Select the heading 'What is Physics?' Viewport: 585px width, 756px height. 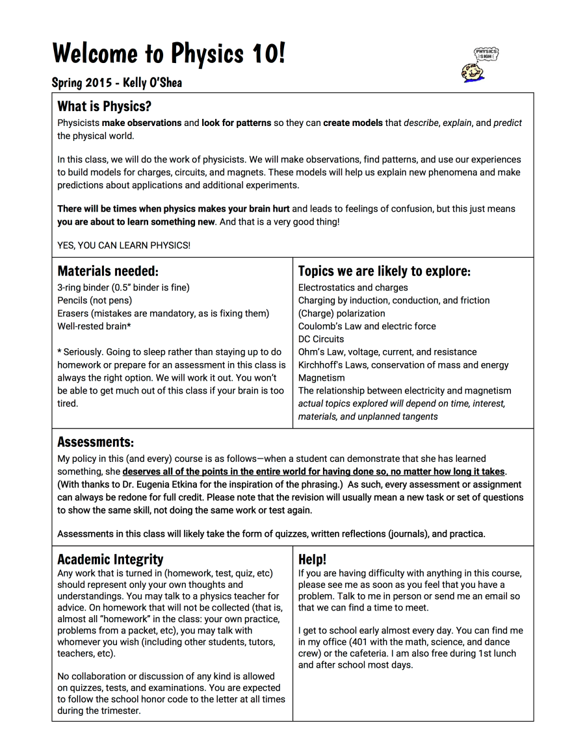104,106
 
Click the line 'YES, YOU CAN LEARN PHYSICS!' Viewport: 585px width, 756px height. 123,246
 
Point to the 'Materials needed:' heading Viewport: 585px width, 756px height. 108,271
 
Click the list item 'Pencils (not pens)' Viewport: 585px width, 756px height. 94,300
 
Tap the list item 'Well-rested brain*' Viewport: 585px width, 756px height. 94,326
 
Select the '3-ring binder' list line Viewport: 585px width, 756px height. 123,287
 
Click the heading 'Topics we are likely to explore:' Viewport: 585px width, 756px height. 384,271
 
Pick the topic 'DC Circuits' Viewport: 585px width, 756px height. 321,339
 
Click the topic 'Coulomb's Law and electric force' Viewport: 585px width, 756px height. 367,326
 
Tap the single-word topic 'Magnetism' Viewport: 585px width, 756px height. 322,377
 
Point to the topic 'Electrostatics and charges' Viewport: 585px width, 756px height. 353,287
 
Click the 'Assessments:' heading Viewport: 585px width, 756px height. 96,442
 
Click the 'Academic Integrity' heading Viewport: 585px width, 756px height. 110,559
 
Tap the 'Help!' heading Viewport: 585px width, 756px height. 312,559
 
